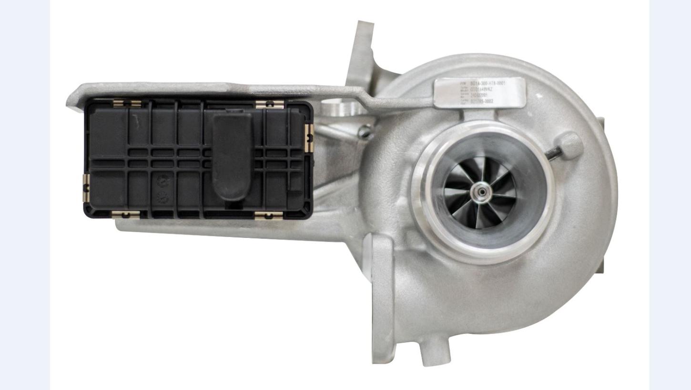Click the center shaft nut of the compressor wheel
482,191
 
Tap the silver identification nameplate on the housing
479,93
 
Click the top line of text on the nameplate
481,83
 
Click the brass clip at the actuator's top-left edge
127,103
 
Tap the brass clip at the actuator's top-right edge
269,104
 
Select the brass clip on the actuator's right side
309,138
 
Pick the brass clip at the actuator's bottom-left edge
125,215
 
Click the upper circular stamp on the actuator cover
161,182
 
